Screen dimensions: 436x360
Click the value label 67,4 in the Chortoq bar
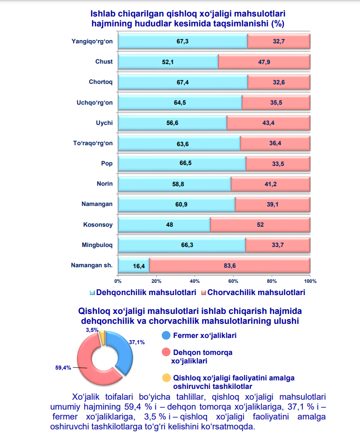coord(183,82)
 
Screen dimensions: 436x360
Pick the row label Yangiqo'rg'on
coord(92,41)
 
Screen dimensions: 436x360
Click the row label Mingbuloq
coord(97,245)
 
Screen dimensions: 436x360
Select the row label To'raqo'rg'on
coord(90,143)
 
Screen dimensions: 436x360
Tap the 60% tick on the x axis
coord(233,281)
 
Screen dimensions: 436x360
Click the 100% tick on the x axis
coord(310,281)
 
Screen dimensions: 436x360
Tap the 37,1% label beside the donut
coord(137,343)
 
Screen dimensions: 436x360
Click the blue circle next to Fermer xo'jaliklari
coord(166,336)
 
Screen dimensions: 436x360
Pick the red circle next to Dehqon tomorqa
coord(166,352)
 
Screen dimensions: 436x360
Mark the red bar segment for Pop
coord(278,164)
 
